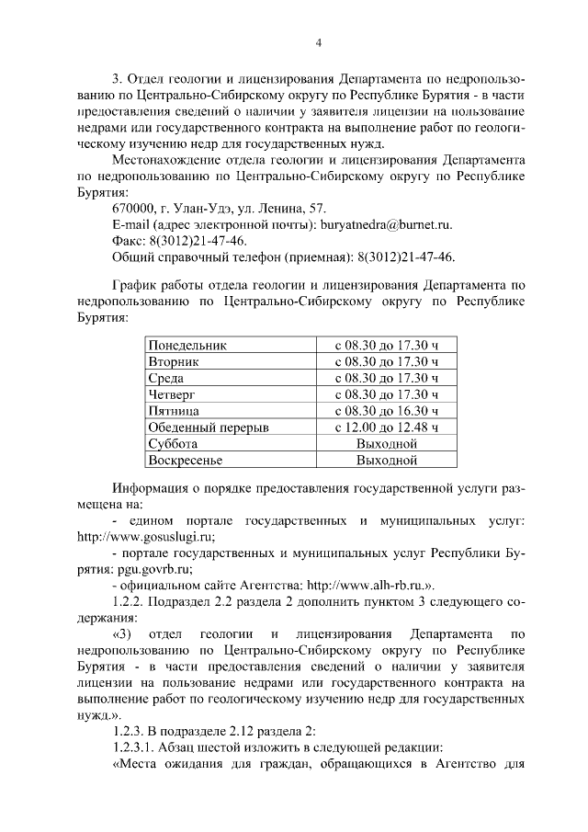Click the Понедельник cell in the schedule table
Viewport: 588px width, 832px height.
(187, 345)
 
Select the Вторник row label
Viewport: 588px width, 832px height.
(174, 361)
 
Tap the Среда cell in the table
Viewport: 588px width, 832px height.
(166, 378)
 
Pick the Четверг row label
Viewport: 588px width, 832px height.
(173, 394)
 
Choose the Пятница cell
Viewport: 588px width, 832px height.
(174, 411)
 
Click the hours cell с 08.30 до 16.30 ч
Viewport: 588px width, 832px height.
(387, 411)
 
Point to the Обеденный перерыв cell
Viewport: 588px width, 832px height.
(209, 427)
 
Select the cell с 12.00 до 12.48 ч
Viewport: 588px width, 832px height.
(387, 427)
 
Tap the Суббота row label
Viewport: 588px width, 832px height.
(174, 443)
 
